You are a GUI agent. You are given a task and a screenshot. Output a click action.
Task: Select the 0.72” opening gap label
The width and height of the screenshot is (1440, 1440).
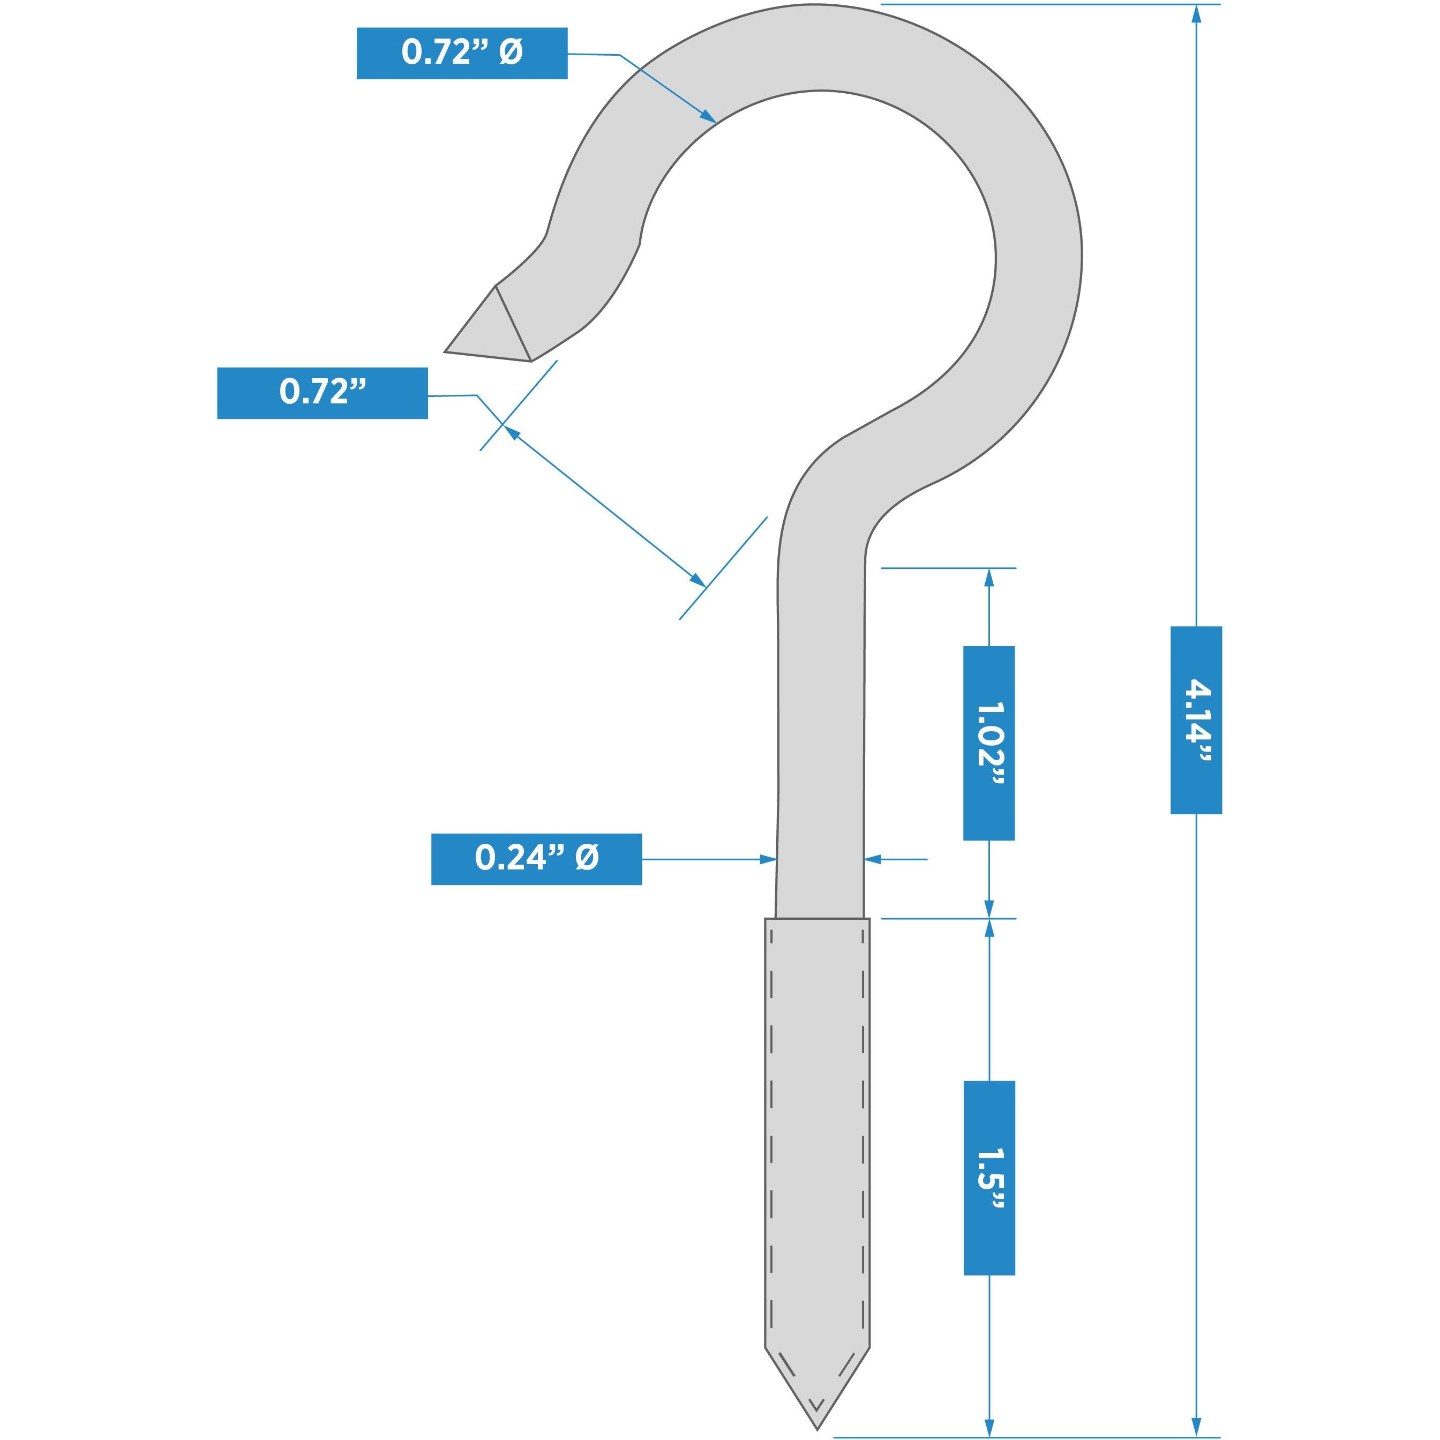pos(322,393)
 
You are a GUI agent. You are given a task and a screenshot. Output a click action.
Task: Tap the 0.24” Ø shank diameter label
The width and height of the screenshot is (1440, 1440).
pos(536,859)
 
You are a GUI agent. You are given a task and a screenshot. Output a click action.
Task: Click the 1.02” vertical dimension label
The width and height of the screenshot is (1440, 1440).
pos(988,743)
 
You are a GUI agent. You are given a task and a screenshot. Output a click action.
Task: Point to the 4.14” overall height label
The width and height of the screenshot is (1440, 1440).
pos(1196,720)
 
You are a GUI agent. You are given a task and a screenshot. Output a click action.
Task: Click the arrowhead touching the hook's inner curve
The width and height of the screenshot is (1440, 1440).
pos(708,116)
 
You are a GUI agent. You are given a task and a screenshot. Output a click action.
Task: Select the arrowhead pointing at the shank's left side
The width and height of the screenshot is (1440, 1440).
pos(768,859)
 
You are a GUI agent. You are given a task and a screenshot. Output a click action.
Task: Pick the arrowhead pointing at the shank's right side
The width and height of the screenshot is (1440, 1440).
pos(873,859)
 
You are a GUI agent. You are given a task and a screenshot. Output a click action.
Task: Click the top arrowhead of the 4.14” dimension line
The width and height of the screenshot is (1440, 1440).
pos(1196,13)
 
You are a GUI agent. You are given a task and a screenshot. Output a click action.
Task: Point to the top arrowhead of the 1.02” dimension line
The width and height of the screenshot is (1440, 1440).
pos(989,577)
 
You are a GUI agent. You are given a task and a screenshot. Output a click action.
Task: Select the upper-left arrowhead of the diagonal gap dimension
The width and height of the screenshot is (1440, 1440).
pos(511,432)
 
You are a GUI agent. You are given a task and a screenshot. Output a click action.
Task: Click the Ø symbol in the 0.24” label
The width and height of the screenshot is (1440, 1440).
pos(587,858)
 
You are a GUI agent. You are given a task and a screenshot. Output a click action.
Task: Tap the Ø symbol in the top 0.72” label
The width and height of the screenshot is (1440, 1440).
pos(511,52)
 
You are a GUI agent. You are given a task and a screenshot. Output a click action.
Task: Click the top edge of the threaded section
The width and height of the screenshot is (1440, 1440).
pos(817,919)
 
